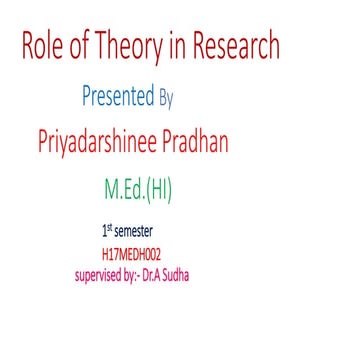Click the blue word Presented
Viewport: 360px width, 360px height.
pos(118,98)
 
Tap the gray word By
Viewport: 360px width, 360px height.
pos(166,99)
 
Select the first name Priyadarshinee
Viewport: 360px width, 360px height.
pos(101,143)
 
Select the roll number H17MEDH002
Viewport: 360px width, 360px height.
pos(131,254)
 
